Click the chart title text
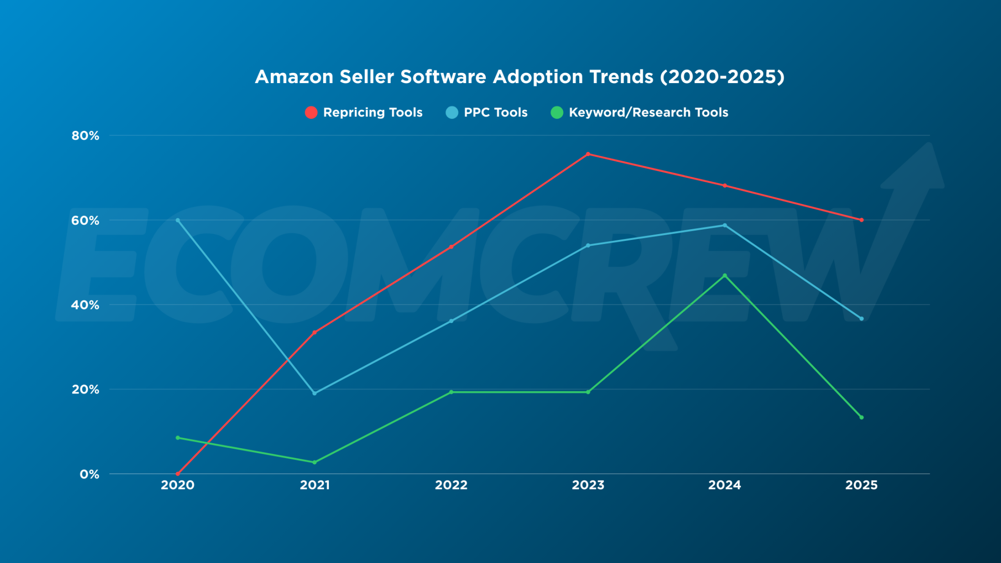tap(520, 77)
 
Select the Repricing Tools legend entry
tap(364, 112)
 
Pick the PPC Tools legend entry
tap(487, 112)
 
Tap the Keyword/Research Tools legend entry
tap(639, 112)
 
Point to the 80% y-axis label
tap(85, 136)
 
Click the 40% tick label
tap(85, 305)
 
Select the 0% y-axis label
tap(89, 474)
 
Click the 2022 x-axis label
tap(451, 485)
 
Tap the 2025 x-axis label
tap(861, 485)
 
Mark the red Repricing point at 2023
tap(588, 154)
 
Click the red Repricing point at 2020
tap(178, 474)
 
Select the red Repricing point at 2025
tap(861, 220)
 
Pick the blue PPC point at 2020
tap(178, 220)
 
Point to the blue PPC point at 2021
tap(314, 393)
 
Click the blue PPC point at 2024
tap(724, 225)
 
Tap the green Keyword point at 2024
tap(724, 276)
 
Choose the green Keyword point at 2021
tap(314, 462)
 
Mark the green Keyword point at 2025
tap(861, 417)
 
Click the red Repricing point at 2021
tap(314, 332)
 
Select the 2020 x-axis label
tap(178, 485)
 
